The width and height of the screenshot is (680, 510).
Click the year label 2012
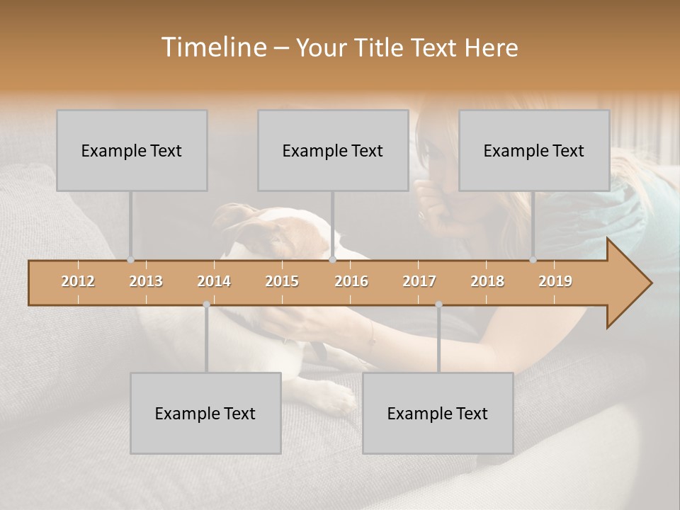point(78,281)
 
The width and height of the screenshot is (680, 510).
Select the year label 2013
point(146,281)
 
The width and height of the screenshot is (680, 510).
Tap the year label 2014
point(214,281)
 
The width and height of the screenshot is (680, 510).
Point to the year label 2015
point(282,281)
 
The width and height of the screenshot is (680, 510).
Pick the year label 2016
point(351,281)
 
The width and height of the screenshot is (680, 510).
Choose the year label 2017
point(419,281)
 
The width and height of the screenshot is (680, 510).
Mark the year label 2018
point(487,281)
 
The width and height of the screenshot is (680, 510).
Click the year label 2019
point(555,281)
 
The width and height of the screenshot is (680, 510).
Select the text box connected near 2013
point(132,150)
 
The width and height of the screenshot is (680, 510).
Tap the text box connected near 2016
point(333,150)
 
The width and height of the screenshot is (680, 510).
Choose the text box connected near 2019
point(534,150)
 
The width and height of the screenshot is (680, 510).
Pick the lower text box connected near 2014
point(205,413)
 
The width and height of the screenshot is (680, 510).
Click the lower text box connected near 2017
point(438,413)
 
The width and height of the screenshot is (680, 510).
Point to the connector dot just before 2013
point(130,260)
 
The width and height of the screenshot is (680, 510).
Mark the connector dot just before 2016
point(332,260)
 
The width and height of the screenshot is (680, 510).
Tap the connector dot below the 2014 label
point(206,305)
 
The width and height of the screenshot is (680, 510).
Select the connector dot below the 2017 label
point(438,305)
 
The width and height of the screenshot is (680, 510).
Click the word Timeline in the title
point(213,47)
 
